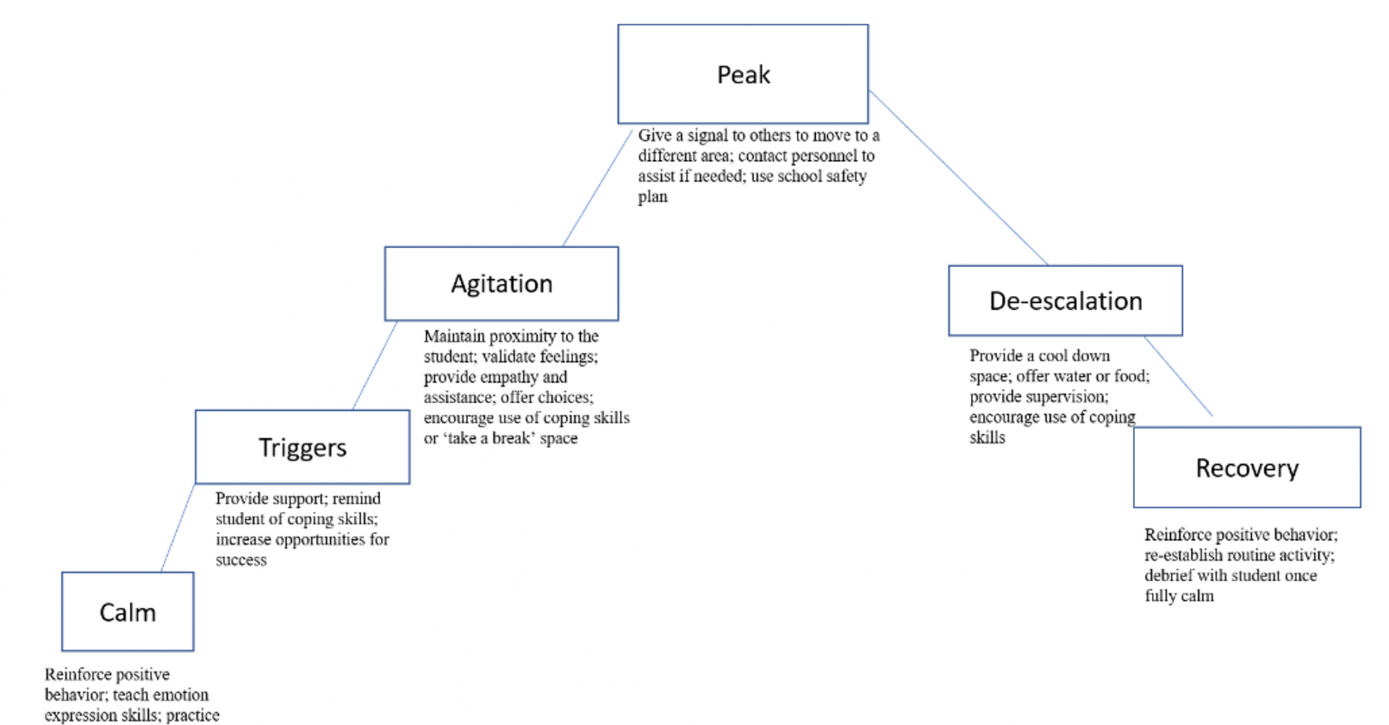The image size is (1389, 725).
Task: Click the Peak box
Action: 743,74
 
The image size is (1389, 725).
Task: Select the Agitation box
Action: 502,284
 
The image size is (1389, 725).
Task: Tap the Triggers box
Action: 302,447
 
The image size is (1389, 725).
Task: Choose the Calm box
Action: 128,612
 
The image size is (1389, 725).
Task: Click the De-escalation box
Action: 1065,301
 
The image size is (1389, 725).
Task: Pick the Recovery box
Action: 1247,468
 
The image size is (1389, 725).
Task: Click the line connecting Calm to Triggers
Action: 177,528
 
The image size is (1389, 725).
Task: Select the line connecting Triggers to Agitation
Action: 375,365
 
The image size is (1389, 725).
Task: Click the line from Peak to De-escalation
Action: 958,177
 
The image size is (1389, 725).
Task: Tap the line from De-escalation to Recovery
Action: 1178,376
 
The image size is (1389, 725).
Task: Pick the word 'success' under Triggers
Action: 241,560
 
